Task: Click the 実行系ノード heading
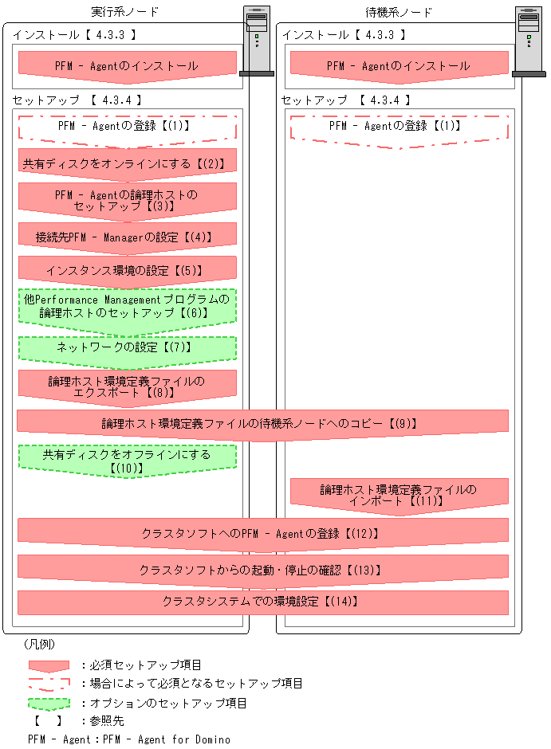point(125,12)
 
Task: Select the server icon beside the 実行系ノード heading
point(256,41)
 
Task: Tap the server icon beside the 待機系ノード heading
point(529,41)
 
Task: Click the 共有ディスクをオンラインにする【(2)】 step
point(128,163)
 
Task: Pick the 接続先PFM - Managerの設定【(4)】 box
point(128,237)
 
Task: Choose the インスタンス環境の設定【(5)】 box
point(128,270)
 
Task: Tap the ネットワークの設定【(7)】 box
point(128,347)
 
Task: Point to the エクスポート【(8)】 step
point(128,386)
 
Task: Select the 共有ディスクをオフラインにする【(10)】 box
point(128,460)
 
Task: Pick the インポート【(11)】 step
point(399,495)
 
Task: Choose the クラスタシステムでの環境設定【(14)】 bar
point(262,602)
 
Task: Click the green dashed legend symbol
point(49,704)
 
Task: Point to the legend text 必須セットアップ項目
point(147,665)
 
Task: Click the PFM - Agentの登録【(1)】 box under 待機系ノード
point(399,127)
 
